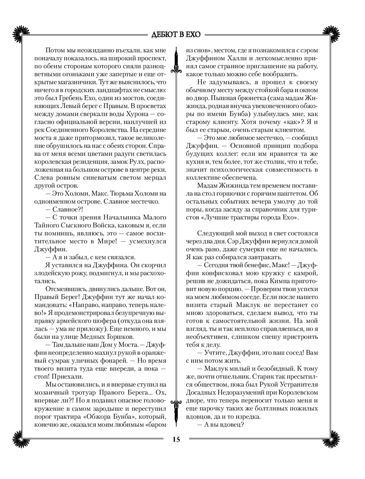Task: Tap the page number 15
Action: tap(176, 440)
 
